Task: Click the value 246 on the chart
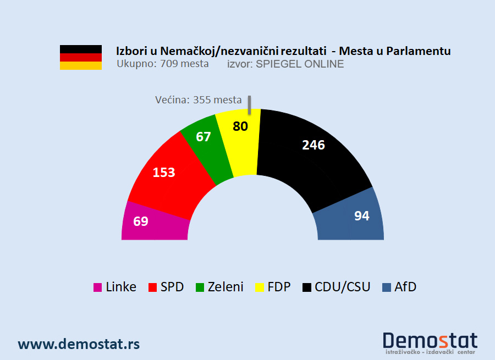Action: [x=313, y=145]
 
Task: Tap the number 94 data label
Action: [x=361, y=216]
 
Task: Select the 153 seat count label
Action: [x=164, y=173]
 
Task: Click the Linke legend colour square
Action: [x=97, y=287]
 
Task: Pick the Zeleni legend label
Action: [x=226, y=287]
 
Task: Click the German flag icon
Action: [x=81, y=57]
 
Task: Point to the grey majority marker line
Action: [x=249, y=105]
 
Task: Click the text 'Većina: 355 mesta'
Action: [x=198, y=100]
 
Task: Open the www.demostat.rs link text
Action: [x=79, y=344]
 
